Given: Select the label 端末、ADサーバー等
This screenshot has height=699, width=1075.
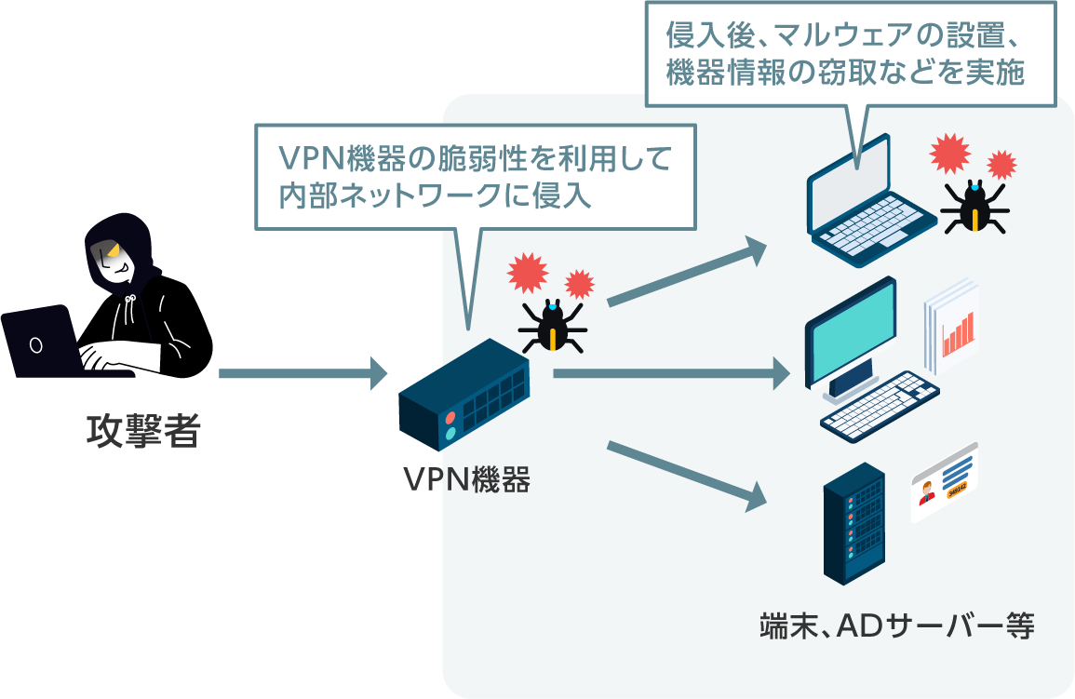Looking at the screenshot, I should click(x=896, y=625).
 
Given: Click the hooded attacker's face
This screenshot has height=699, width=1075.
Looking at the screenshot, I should click(x=115, y=262).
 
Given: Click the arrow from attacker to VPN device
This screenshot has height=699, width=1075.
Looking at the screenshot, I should click(x=302, y=373).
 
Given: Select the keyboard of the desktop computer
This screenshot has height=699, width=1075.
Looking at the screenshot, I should click(x=880, y=408).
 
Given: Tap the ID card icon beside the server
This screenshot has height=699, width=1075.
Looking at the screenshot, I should click(x=944, y=481).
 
